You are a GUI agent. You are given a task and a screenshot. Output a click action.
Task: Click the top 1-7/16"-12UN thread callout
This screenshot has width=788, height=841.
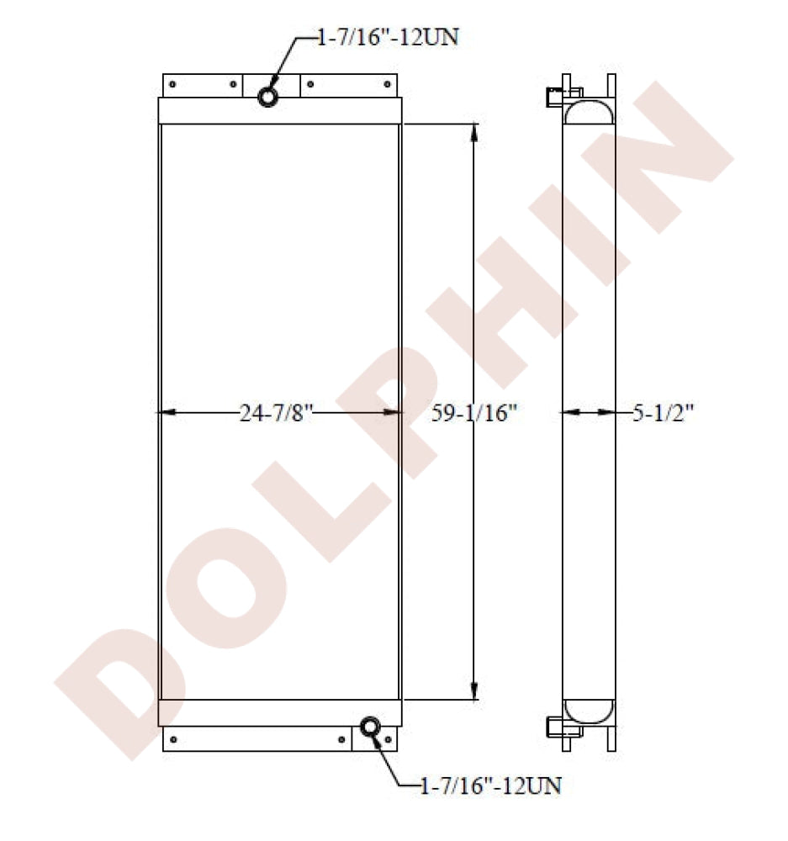(x=389, y=38)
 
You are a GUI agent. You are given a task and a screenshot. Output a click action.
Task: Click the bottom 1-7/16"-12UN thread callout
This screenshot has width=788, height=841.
(x=490, y=786)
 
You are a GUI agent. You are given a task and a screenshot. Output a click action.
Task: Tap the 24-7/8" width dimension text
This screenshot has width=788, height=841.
(x=276, y=413)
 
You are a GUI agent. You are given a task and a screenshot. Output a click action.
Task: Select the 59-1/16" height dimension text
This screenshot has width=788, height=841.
(x=474, y=413)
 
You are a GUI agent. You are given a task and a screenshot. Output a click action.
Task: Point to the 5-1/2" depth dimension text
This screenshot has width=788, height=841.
(x=663, y=413)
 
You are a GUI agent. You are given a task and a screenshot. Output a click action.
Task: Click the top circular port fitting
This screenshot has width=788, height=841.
(x=267, y=97)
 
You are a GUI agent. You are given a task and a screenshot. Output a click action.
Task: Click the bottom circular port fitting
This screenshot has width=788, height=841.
(x=370, y=727)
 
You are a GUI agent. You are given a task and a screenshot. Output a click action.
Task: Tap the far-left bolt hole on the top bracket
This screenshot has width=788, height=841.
(x=172, y=84)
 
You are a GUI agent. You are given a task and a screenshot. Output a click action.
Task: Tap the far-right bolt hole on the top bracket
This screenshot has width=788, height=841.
(x=388, y=84)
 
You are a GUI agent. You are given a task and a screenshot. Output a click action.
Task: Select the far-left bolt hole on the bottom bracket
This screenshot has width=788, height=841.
(x=172, y=739)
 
